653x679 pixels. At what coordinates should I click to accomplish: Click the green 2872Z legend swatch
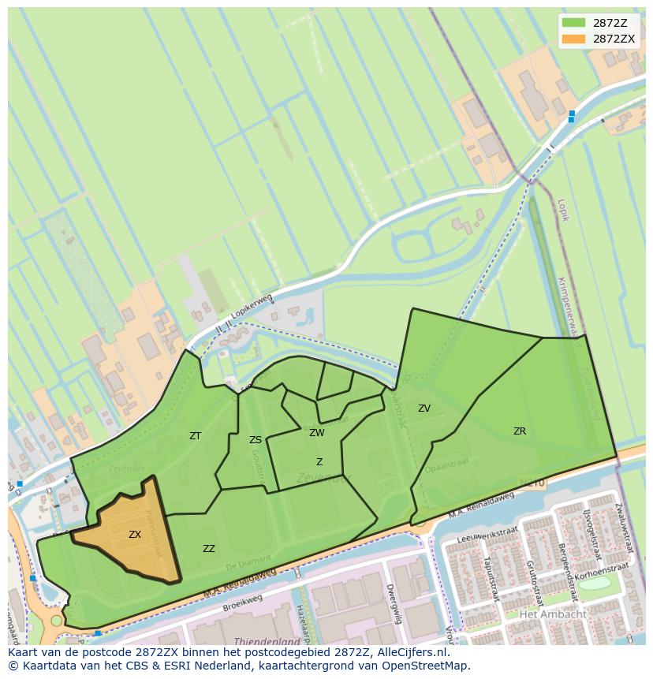tap(574, 24)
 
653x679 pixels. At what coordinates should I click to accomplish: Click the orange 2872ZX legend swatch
tap(574, 38)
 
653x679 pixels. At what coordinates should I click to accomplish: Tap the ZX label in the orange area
tap(135, 535)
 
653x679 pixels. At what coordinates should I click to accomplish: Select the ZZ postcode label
tap(209, 549)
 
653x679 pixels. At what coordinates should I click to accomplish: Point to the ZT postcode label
tap(196, 435)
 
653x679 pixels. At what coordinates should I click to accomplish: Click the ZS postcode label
tap(256, 440)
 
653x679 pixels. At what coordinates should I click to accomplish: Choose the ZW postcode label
tap(317, 433)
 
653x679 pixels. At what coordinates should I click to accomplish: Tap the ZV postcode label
tap(424, 409)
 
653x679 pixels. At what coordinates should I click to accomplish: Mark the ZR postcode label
tap(520, 431)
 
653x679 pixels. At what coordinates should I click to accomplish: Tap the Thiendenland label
tap(267, 642)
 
